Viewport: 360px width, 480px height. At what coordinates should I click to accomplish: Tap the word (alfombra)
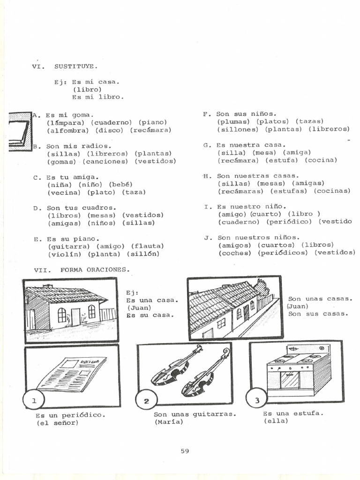click(67, 130)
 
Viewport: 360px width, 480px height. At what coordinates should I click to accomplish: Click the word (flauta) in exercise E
click(147, 246)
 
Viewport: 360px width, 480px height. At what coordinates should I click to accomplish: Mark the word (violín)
click(64, 254)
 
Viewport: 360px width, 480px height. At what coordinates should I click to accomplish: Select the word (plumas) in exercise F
click(233, 121)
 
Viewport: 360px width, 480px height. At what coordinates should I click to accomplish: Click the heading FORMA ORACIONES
click(95, 270)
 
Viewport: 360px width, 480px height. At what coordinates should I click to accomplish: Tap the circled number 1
click(33, 400)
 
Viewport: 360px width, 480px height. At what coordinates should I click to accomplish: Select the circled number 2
click(146, 401)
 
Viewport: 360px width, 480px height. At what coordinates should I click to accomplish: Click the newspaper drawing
click(71, 374)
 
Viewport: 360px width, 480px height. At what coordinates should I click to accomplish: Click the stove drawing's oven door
click(289, 379)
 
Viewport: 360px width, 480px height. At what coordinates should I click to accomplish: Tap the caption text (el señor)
click(57, 423)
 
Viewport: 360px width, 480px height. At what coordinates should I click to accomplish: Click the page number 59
click(184, 451)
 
